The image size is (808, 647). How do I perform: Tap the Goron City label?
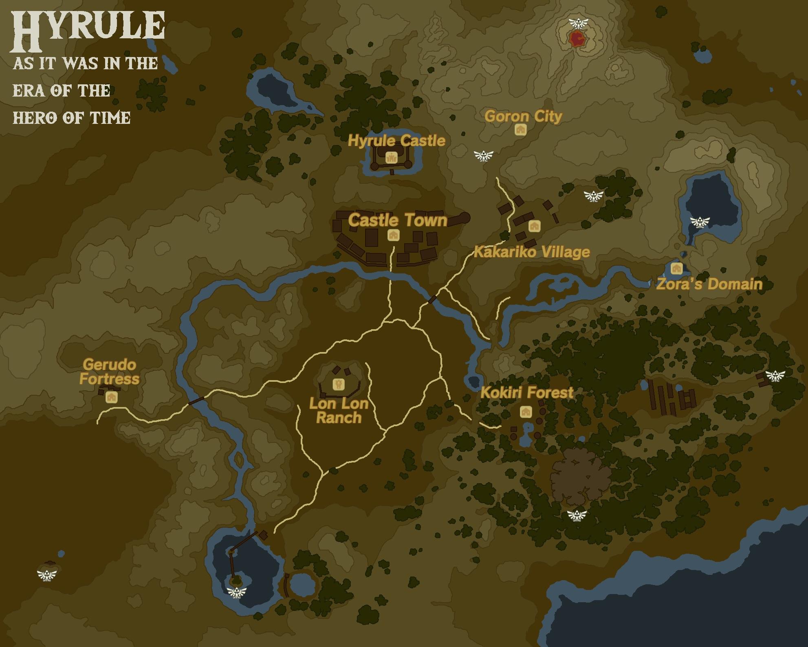[523, 117]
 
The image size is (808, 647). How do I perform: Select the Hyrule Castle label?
[396, 141]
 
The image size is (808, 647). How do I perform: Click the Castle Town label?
[398, 220]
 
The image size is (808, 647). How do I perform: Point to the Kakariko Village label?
[532, 252]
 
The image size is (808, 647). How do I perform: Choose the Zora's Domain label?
[709, 284]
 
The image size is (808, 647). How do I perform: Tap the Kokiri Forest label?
[527, 392]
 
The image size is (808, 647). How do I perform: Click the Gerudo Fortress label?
[109, 372]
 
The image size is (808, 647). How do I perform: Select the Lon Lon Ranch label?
[339, 411]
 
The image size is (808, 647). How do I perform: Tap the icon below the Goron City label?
[521, 130]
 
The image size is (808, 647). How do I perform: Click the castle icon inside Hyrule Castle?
[391, 157]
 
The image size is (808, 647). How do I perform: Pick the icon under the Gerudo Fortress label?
[111, 397]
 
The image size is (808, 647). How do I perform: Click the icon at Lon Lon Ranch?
[339, 384]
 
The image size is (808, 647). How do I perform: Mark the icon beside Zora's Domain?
[676, 268]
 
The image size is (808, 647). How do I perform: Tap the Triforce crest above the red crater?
[579, 23]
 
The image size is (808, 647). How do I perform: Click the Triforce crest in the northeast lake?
[700, 222]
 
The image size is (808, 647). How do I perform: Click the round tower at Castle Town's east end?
[464, 218]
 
